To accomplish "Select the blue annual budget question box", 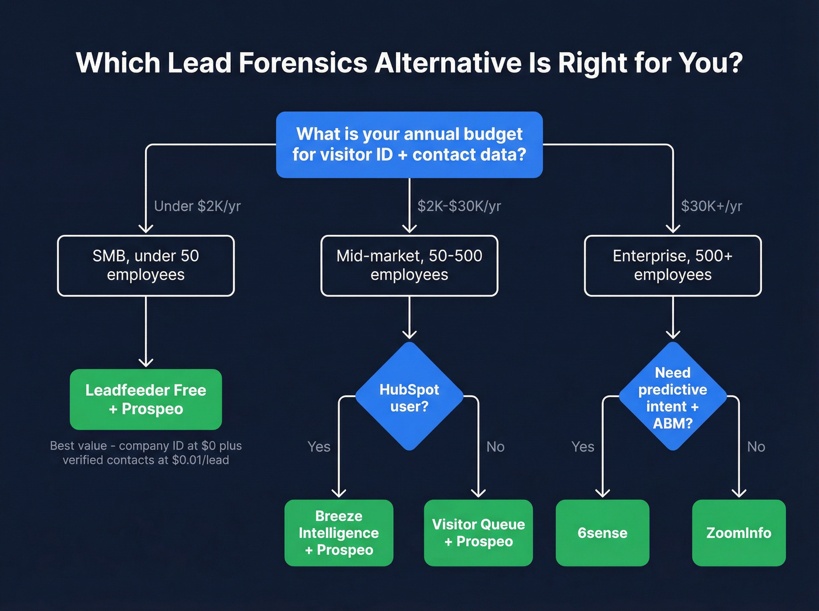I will point(409,144).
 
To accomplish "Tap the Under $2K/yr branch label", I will point(197,206).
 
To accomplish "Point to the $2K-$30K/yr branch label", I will point(459,206).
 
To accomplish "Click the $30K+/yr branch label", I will point(711,206).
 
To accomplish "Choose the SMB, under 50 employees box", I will point(146,265).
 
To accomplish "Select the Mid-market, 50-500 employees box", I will point(409,265).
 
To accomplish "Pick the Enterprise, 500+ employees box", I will point(673,265).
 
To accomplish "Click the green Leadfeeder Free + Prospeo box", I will point(146,399).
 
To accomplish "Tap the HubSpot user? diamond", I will point(409,397).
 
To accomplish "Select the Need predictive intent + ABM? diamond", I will point(673,397).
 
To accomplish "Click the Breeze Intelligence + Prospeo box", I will point(339,533).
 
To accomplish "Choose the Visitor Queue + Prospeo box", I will point(479,533).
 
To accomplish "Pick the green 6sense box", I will point(603,533).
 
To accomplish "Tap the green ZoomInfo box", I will point(739,533).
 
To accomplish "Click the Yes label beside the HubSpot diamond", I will point(319,447).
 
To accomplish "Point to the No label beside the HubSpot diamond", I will point(495,447).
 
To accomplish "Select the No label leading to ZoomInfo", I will point(756,447).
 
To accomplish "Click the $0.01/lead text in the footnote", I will point(200,460).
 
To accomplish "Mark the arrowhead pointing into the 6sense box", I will point(603,493).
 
